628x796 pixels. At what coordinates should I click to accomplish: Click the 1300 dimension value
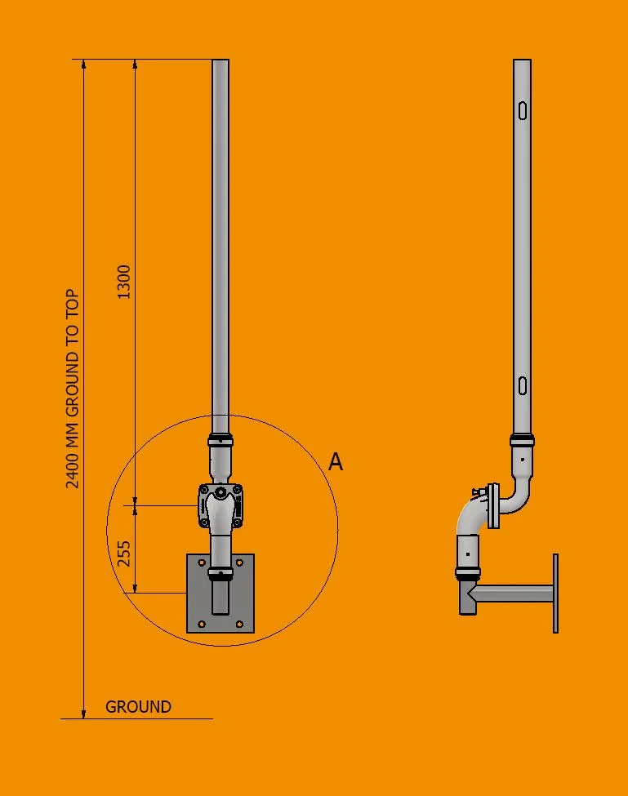(124, 281)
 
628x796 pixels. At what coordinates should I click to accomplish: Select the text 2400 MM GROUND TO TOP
(73, 389)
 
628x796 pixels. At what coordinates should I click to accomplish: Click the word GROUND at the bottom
(139, 707)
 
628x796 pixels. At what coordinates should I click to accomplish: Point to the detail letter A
(336, 462)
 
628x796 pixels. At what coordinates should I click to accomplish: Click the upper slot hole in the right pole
(523, 109)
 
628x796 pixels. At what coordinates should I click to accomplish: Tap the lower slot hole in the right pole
(523, 385)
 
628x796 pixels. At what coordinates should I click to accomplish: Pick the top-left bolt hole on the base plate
(203, 563)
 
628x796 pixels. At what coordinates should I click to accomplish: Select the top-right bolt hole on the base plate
(238, 563)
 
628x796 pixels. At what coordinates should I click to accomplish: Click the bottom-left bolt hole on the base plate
(203, 625)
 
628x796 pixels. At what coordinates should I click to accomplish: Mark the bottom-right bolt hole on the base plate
(238, 625)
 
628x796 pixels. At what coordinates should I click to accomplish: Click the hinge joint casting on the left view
(220, 509)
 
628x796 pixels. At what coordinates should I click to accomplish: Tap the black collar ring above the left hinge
(220, 438)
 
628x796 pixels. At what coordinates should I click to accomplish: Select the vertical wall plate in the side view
(556, 594)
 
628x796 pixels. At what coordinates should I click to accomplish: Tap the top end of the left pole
(220, 62)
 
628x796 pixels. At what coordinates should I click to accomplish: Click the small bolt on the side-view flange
(475, 491)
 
